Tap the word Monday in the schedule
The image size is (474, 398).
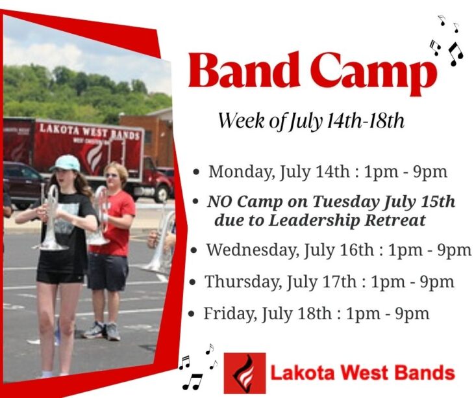tap(242, 172)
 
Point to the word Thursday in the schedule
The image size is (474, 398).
tap(242, 282)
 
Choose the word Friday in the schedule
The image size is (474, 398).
tap(229, 313)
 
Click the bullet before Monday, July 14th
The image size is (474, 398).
tap(197, 172)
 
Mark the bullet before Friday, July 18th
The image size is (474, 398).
tap(191, 313)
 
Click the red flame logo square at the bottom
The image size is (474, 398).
tap(245, 373)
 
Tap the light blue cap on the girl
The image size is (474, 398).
tap(66, 163)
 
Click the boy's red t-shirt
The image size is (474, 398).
tap(114, 223)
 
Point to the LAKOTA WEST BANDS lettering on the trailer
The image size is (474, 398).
tap(90, 131)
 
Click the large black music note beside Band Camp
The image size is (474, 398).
tap(456, 54)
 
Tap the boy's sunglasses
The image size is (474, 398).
tap(111, 176)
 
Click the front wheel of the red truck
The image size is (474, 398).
tap(162, 194)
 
